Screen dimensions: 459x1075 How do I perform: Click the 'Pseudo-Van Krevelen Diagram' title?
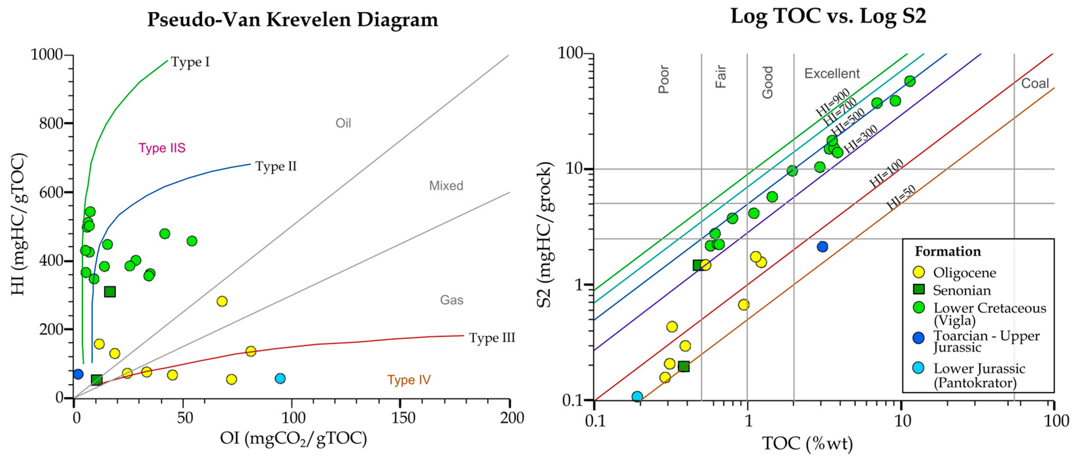pyautogui.click(x=292, y=20)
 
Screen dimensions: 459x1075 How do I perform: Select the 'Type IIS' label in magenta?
pyautogui.click(x=162, y=148)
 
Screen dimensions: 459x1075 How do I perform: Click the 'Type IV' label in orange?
pyautogui.click(x=408, y=380)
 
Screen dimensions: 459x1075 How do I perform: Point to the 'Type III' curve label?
pyautogui.click(x=492, y=337)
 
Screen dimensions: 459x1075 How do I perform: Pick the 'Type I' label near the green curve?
pyautogui.click(x=190, y=62)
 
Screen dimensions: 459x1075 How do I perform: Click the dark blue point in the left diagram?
pyautogui.click(x=78, y=374)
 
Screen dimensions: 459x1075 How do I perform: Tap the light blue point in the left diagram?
pyautogui.click(x=280, y=378)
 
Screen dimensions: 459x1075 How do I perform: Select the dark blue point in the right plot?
pyautogui.click(x=822, y=246)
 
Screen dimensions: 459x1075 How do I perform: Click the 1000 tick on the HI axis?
pyautogui.click(x=46, y=54)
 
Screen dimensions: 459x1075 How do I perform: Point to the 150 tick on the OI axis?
pyautogui.click(x=400, y=418)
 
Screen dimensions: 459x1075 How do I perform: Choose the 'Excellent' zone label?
pyautogui.click(x=832, y=74)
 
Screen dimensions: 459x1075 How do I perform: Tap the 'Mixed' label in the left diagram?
pyautogui.click(x=446, y=185)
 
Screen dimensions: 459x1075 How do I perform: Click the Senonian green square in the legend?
pyautogui.click(x=918, y=289)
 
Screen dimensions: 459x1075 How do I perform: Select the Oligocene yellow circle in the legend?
pyautogui.click(x=918, y=272)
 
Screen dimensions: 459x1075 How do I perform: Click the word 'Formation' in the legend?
pyautogui.click(x=948, y=251)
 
